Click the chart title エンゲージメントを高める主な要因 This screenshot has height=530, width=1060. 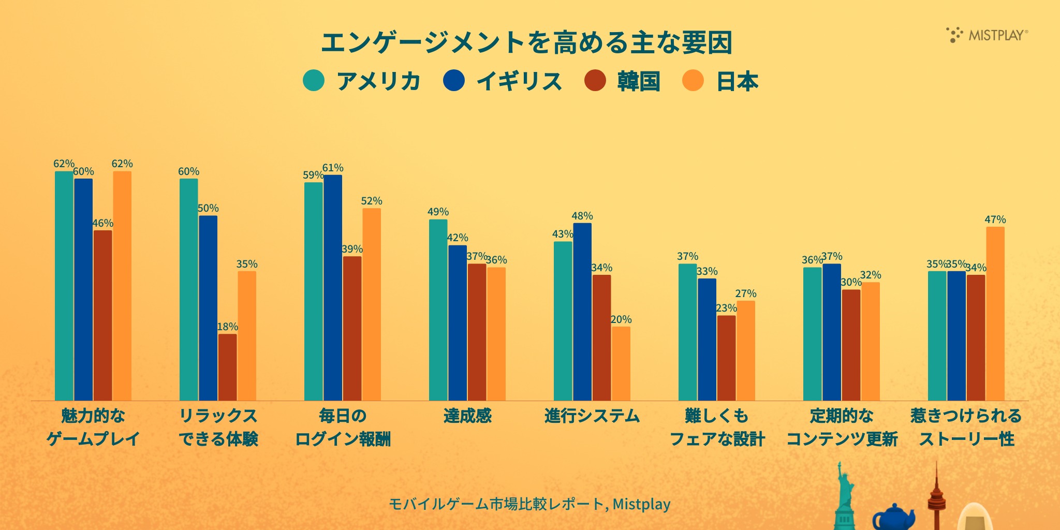point(526,42)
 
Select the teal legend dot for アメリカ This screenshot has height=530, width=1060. point(314,81)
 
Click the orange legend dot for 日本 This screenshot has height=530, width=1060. point(693,81)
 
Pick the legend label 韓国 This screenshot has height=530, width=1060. point(639,81)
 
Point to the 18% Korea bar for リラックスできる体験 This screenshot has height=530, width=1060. point(227,367)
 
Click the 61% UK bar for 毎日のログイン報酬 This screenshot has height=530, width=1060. point(333,287)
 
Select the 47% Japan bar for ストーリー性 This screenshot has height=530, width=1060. point(995,313)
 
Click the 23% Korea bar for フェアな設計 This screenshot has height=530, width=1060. point(726,358)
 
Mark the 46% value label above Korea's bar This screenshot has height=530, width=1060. point(102,223)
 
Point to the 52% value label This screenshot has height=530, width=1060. point(372,201)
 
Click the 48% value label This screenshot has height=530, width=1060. point(582,216)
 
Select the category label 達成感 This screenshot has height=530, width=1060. point(467,416)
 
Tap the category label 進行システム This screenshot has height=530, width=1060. point(592,416)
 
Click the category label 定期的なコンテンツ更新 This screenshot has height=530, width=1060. point(842,428)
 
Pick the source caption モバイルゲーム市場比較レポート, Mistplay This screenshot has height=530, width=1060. point(529,504)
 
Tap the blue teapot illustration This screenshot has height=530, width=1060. point(893,517)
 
